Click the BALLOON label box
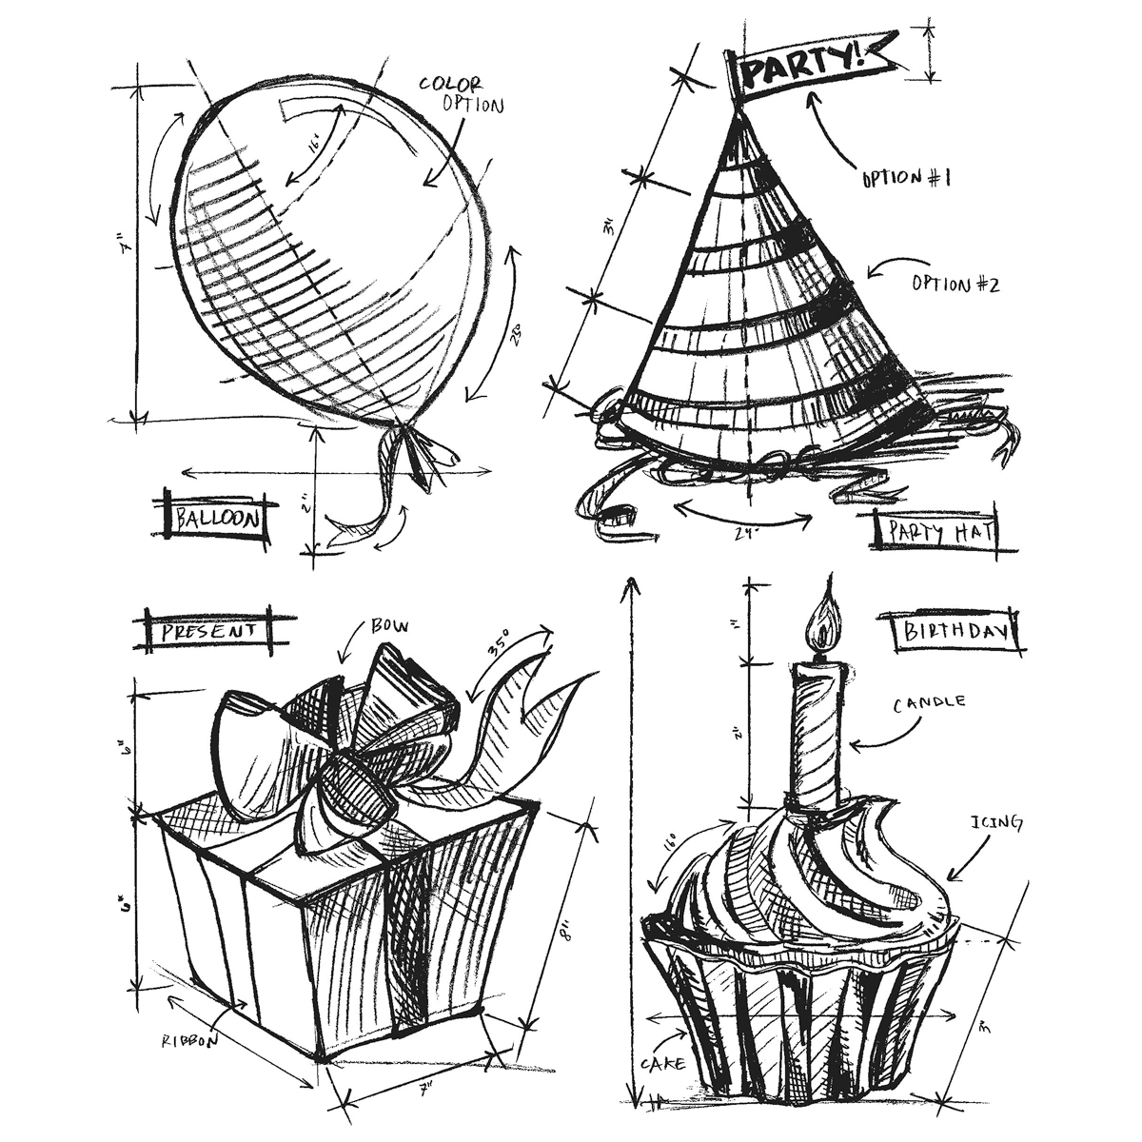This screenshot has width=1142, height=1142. click(x=216, y=519)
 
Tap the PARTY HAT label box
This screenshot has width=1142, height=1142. click(x=934, y=531)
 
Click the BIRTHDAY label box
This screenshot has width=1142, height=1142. click(x=955, y=632)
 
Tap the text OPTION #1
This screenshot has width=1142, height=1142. click(x=906, y=177)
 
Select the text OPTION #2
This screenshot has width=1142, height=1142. click(x=955, y=283)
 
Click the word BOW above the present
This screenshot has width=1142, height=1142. click(x=389, y=625)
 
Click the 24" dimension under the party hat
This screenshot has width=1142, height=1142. click(x=746, y=535)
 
